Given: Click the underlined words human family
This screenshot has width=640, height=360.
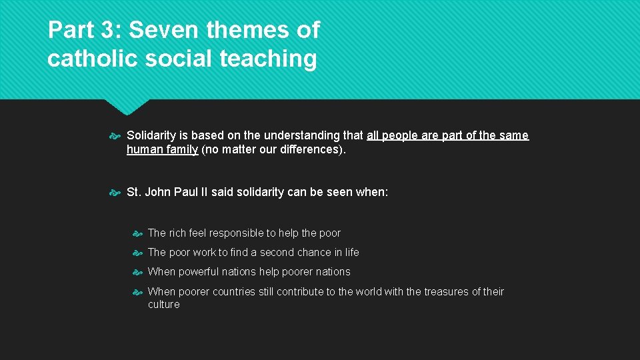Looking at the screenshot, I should (162, 149).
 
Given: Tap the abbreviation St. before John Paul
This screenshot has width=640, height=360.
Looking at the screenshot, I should (134, 192).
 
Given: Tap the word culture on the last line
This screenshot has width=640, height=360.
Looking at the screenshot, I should (163, 305).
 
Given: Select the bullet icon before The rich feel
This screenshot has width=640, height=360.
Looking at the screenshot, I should (137, 234).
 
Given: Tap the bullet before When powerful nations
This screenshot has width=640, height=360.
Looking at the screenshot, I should (137, 273).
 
